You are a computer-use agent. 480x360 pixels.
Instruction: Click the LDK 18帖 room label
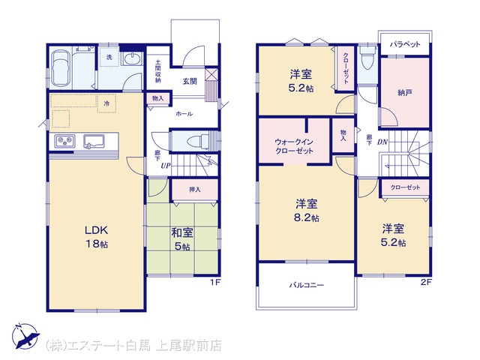click(x=97, y=236)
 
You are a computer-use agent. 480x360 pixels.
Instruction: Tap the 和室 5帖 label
click(x=182, y=239)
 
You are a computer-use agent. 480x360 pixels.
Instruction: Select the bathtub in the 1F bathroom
click(x=61, y=68)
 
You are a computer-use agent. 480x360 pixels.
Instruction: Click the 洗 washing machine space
click(x=109, y=57)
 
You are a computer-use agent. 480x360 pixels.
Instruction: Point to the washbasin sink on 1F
click(x=132, y=58)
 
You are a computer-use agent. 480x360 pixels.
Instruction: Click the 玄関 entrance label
click(x=190, y=82)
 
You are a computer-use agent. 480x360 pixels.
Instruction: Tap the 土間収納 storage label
click(x=158, y=70)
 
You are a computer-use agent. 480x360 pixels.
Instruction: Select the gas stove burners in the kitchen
click(x=64, y=141)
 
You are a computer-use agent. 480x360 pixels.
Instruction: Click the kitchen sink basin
click(x=94, y=142)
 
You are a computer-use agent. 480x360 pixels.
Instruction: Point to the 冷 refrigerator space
click(x=106, y=103)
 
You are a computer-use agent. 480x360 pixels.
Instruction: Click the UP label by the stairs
click(x=166, y=166)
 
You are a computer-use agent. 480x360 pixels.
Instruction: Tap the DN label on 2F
click(x=382, y=142)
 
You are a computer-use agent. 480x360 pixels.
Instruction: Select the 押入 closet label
click(x=195, y=190)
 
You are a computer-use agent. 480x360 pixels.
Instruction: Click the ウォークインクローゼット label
click(x=294, y=146)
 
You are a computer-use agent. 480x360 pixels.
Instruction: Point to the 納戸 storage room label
click(x=404, y=92)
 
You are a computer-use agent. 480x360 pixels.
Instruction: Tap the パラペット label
click(x=405, y=44)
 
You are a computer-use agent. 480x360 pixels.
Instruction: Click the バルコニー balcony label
click(x=307, y=285)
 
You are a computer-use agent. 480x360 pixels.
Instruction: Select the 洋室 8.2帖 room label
click(x=307, y=210)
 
